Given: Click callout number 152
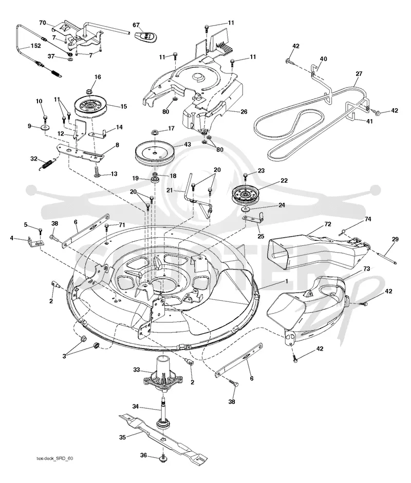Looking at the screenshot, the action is [35, 46].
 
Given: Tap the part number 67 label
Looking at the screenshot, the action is [136, 25].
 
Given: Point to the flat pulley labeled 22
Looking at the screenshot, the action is [246, 195].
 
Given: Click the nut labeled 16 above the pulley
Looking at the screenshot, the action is [89, 91].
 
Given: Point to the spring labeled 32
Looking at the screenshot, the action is [48, 163].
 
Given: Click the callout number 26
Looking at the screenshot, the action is [244, 111].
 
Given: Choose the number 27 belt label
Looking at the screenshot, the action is [359, 74].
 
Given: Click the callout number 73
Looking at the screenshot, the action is [366, 268].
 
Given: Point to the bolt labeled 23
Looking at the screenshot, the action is [246, 176].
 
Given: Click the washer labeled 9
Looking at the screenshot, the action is [46, 127].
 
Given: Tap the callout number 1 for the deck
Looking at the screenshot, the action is [287, 281].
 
